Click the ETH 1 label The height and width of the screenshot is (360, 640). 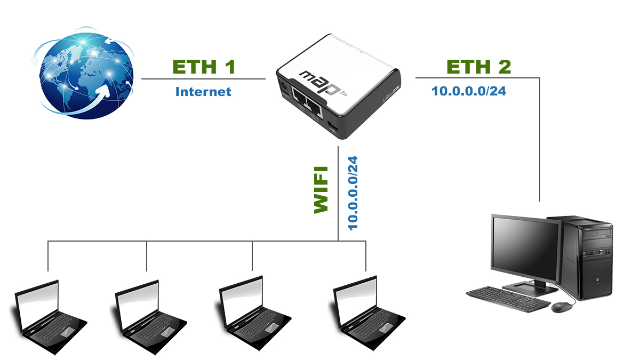204,67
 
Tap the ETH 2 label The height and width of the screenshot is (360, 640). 478,67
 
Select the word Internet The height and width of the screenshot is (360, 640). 203,92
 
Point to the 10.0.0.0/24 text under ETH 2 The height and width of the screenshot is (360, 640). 469,91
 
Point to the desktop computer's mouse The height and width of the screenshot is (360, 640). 563,307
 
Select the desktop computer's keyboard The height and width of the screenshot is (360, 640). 507,299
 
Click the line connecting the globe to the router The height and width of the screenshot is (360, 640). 203,79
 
